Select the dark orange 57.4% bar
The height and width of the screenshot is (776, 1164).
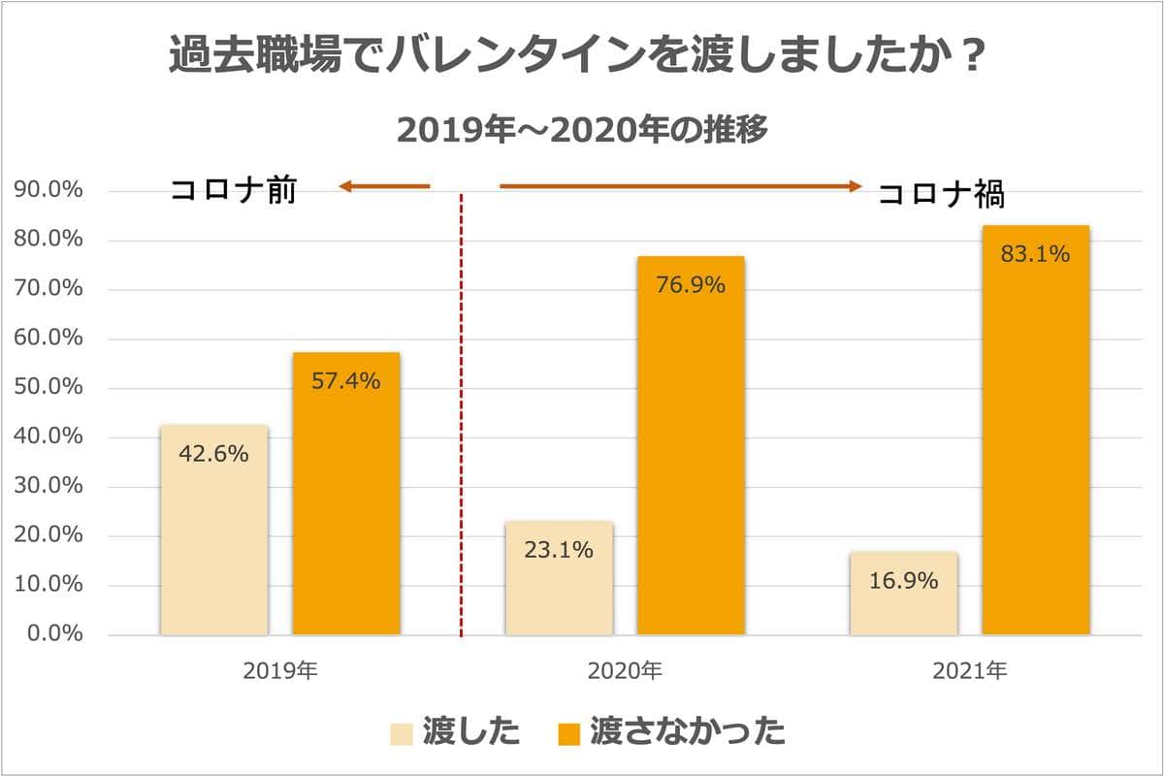coord(346,494)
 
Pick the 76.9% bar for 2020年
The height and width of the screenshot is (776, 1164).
coord(691,446)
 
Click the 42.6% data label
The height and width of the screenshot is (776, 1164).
coord(213,453)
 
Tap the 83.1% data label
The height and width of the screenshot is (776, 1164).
coord(1035,255)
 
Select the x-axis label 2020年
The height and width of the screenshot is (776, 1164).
coord(625,670)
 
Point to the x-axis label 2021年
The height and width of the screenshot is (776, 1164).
coord(970,670)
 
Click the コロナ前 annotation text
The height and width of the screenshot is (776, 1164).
coord(233,190)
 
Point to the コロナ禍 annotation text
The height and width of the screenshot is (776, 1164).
coord(941,195)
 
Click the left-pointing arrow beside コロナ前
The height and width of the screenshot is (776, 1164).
coord(384,186)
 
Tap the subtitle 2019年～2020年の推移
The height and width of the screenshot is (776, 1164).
coord(583,130)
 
